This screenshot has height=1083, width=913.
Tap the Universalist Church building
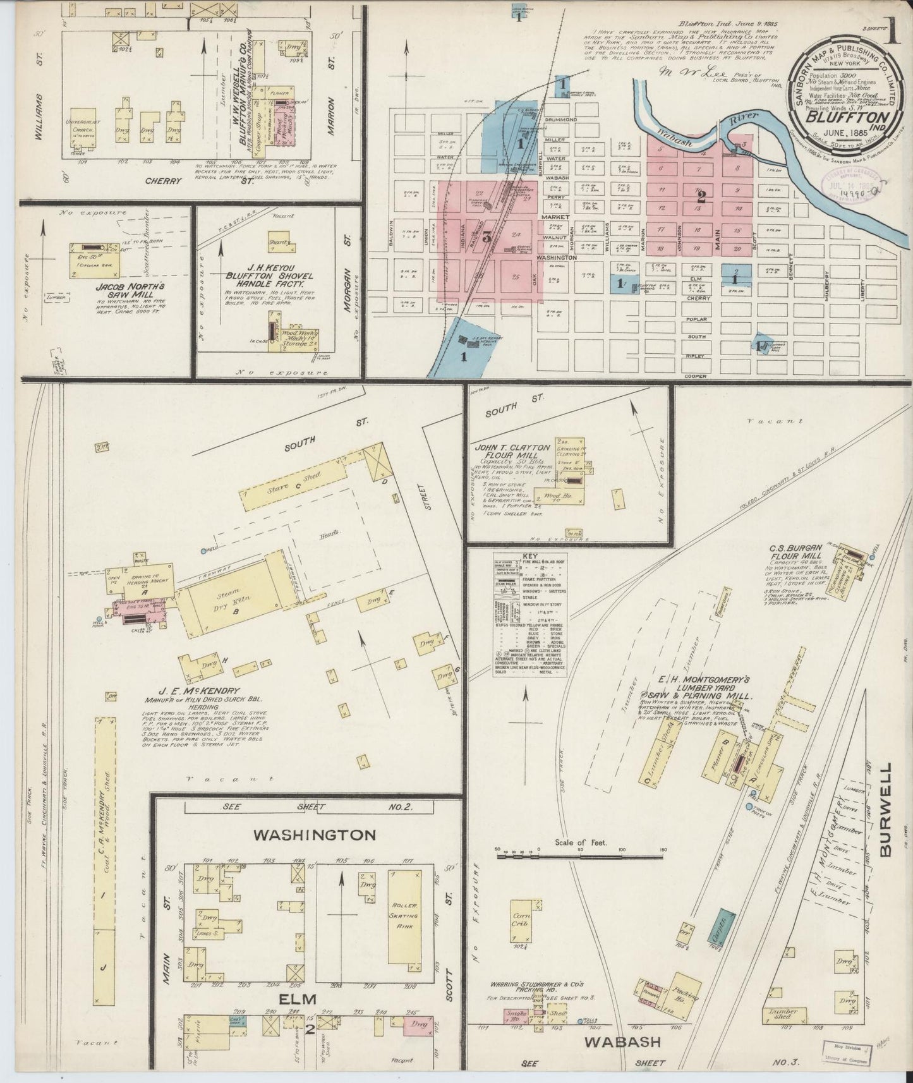[x=82, y=126]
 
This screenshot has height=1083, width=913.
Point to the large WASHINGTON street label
[x=315, y=835]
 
